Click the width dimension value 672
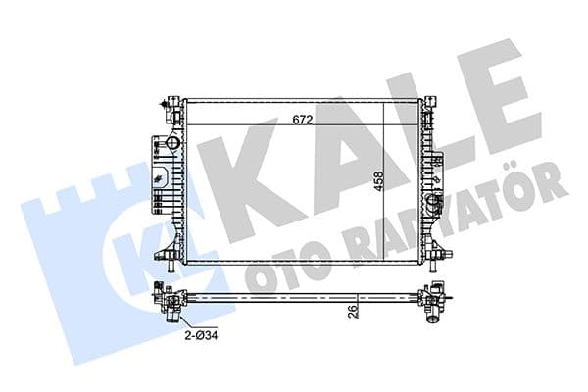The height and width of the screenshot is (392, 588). (303, 121)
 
